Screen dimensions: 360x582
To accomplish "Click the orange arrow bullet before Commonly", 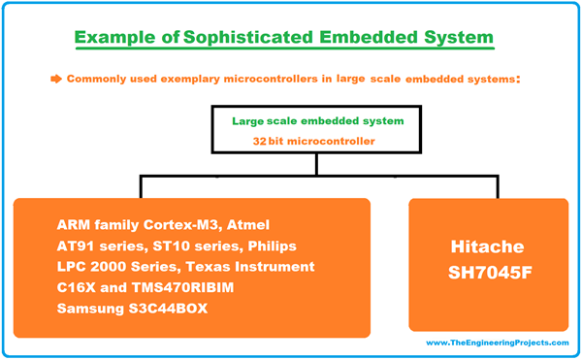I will click(55, 78).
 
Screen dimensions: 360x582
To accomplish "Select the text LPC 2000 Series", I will click(115, 266).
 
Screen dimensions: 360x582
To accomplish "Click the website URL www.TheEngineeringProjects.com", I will click(497, 343).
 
